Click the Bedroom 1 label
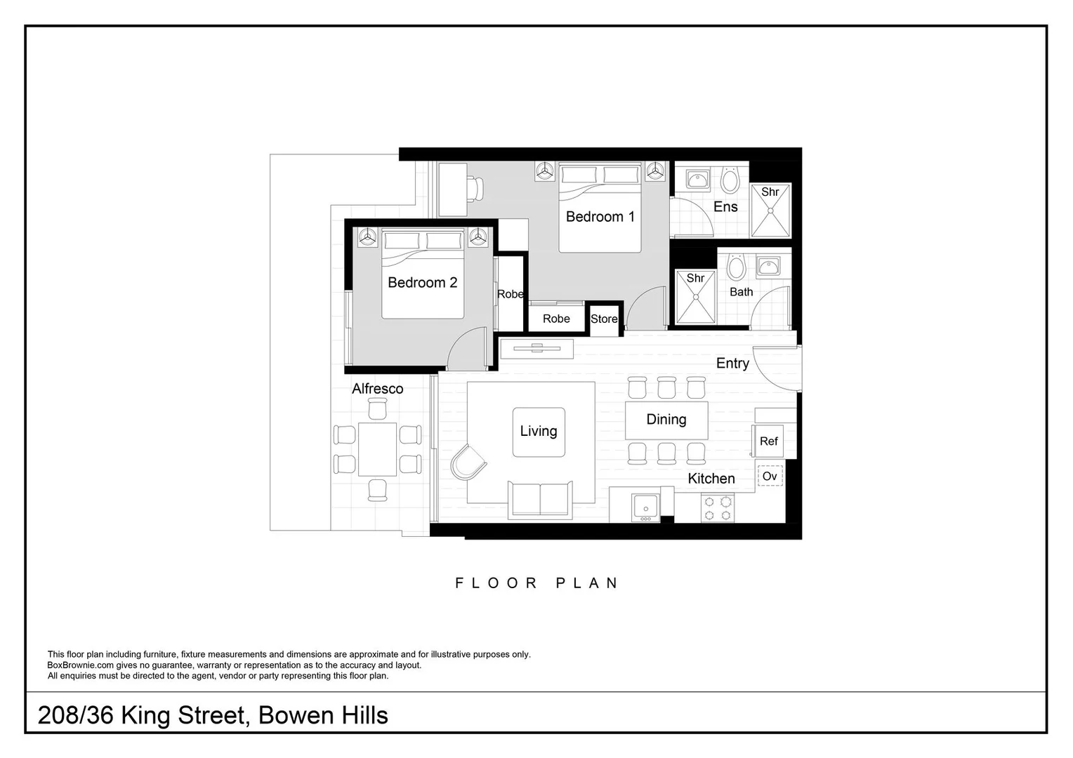[x=600, y=217]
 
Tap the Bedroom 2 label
[x=422, y=283]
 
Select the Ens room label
[x=725, y=207]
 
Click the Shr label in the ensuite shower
[x=770, y=192]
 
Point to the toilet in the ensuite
[x=730, y=180]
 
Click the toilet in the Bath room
[x=735, y=267]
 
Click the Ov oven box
[x=770, y=477]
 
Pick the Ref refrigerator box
[x=769, y=441]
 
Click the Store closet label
[x=604, y=319]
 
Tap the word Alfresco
[x=378, y=389]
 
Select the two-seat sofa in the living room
[x=540, y=499]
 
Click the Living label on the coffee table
[x=539, y=432]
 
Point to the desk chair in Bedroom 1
[x=476, y=188]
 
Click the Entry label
[x=732, y=364]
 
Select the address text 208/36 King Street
[x=141, y=716]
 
